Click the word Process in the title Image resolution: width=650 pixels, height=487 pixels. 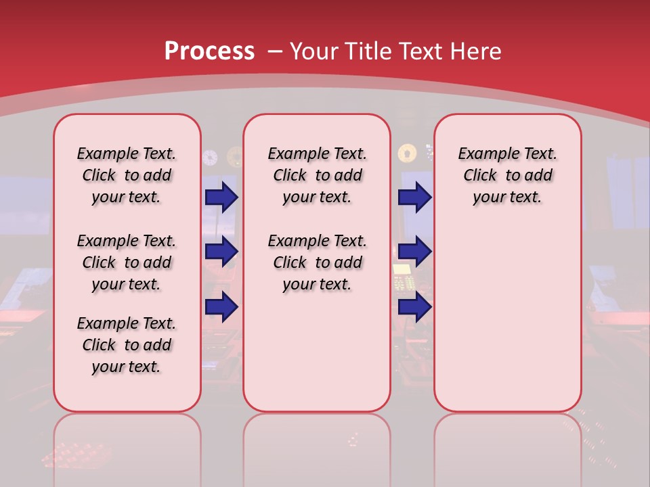(209, 51)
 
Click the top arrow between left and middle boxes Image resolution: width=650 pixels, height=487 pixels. (221, 197)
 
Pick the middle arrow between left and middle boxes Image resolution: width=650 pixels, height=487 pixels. (221, 252)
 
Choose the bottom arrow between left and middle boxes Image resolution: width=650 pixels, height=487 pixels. (221, 306)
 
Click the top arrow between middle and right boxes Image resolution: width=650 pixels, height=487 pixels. (414, 197)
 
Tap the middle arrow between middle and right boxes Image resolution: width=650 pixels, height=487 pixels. (414, 252)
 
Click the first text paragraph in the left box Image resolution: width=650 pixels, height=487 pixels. (127, 175)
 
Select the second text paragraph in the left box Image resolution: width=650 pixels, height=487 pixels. (127, 262)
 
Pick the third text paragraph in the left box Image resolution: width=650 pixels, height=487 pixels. (127, 345)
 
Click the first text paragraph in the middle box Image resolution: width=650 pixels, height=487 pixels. (317, 175)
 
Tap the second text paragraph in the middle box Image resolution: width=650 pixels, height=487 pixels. (317, 262)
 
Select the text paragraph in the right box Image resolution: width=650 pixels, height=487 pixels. (507, 175)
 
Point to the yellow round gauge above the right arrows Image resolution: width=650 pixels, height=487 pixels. (406, 154)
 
